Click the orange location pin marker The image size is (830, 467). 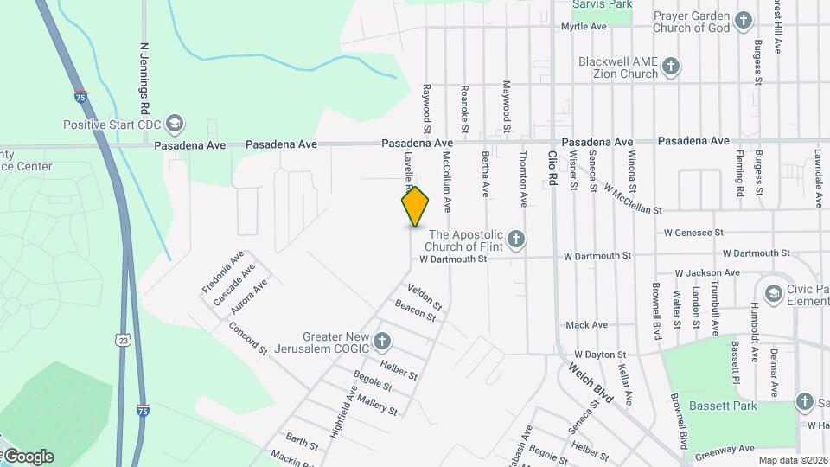(416, 206)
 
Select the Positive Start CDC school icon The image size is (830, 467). (175, 124)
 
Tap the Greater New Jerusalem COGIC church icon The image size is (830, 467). (382, 341)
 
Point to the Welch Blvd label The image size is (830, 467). (591, 383)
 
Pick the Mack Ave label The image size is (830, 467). (587, 325)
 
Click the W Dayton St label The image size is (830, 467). (599, 355)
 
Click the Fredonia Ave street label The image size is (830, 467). (222, 271)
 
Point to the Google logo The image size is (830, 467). (28, 456)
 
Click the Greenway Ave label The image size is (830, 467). (725, 450)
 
